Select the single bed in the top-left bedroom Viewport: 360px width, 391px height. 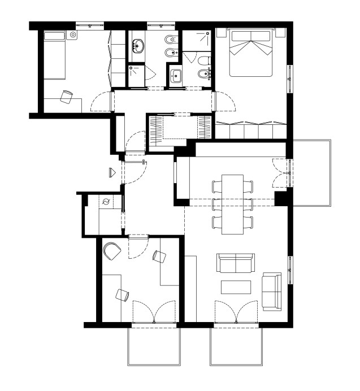[55, 55]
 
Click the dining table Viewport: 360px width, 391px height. [232, 204]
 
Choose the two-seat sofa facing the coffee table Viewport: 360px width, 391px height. [235, 264]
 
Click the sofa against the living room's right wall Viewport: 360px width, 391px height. [271, 291]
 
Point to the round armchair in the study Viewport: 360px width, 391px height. [111, 251]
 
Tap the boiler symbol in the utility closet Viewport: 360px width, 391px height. [106, 202]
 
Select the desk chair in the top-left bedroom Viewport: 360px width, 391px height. [67, 97]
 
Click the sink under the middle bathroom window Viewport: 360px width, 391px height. [138, 46]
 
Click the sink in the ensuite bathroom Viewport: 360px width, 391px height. [175, 76]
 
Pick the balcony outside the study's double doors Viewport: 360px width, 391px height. [154, 346]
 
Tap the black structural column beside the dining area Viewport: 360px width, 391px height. [281, 198]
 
